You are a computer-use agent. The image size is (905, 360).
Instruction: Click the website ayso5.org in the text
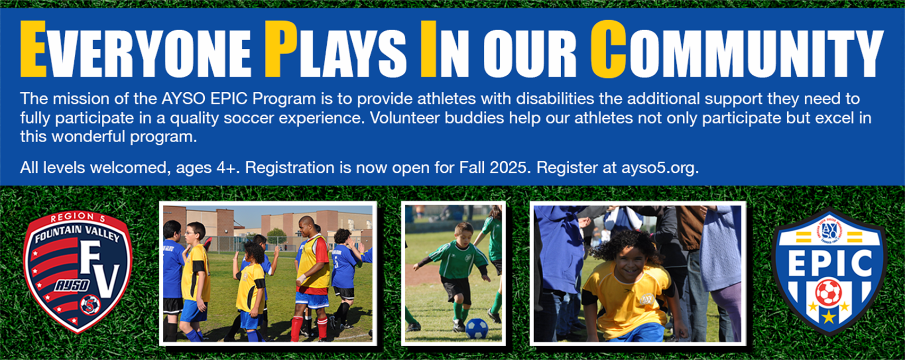pyautogui.click(x=660, y=168)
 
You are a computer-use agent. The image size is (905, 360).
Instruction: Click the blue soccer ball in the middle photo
pyautogui.click(x=477, y=329)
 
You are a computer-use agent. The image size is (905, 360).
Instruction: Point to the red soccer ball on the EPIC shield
pyautogui.click(x=828, y=293)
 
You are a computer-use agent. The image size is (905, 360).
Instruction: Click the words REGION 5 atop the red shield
pyautogui.click(x=77, y=218)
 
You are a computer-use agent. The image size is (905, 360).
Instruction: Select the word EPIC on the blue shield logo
pyautogui.click(x=830, y=263)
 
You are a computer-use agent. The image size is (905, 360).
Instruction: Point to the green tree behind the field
pyautogui.click(x=277, y=236)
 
